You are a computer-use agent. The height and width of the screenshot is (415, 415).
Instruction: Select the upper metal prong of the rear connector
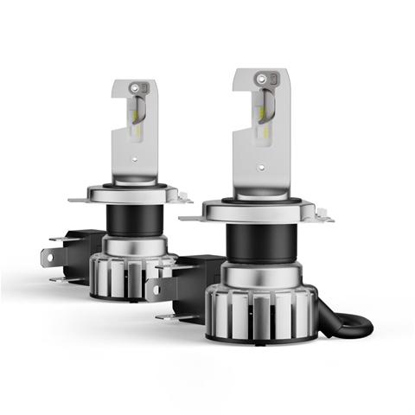coord(57,239)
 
